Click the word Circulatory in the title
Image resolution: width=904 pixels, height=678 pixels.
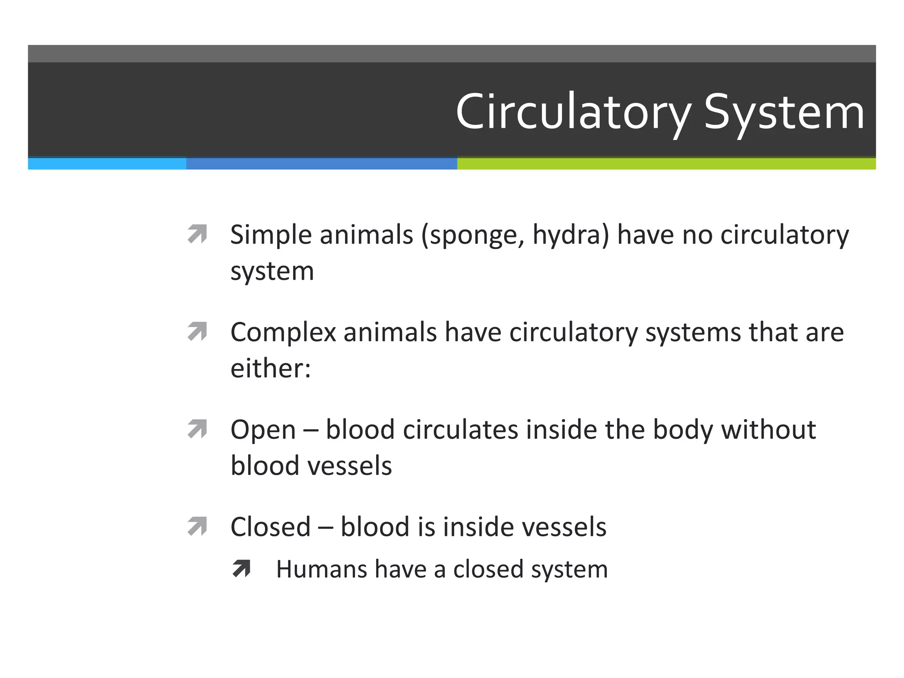[x=573, y=113]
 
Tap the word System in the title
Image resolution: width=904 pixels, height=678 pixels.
[x=784, y=113]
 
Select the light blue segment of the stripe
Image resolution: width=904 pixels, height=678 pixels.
[x=107, y=164]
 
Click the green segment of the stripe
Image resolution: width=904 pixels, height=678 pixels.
[x=666, y=164]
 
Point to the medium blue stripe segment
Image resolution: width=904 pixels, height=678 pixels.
[x=321, y=164]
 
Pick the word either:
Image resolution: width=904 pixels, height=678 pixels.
[x=271, y=368]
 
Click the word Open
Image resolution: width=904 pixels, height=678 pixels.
[x=263, y=430]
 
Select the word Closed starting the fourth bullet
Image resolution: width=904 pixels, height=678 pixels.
[x=271, y=527]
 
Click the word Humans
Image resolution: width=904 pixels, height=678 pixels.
[x=321, y=569]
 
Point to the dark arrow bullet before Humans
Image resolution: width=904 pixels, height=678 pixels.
[x=241, y=569]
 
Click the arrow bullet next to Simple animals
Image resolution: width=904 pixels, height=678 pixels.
[x=197, y=234]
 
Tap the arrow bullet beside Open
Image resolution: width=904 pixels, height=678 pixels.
[x=197, y=429]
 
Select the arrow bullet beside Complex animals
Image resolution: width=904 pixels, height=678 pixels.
[x=197, y=331]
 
